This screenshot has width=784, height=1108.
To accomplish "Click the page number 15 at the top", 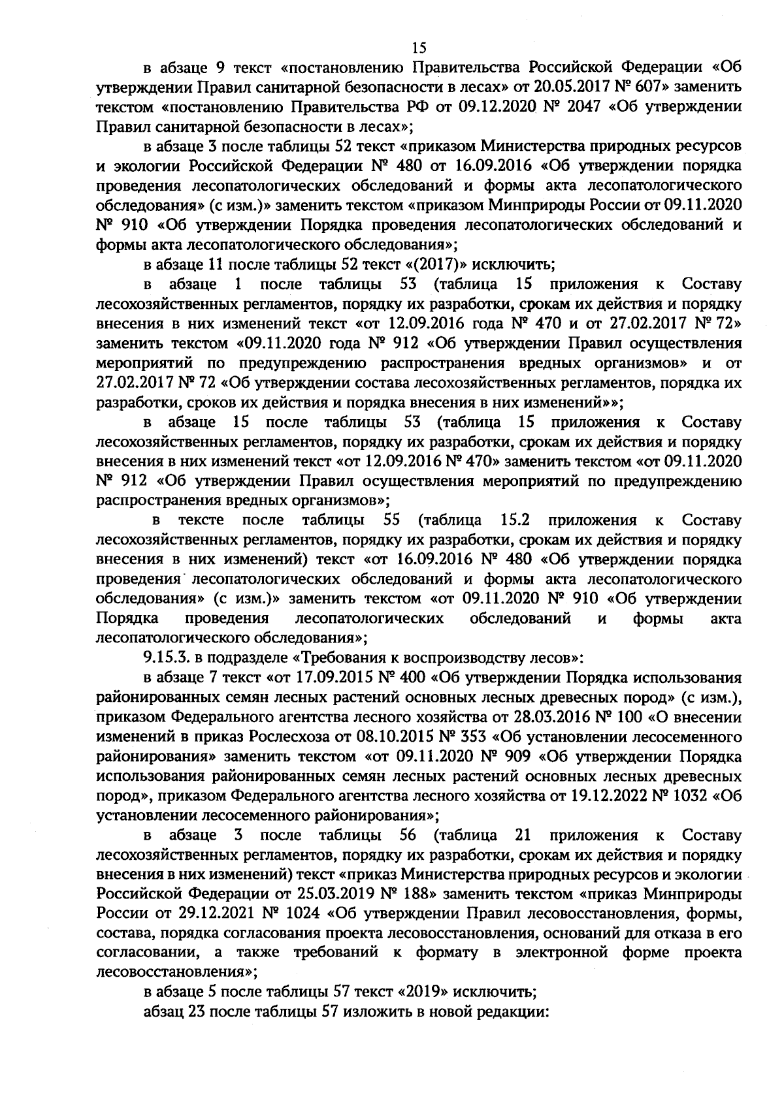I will click(x=419, y=47).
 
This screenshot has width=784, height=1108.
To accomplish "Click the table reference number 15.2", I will click(x=514, y=520).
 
